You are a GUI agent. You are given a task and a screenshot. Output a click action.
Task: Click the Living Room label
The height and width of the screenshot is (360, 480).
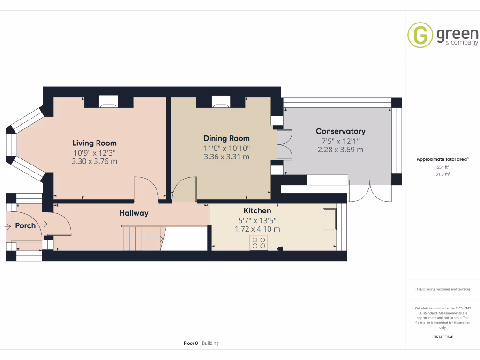(x=94, y=143)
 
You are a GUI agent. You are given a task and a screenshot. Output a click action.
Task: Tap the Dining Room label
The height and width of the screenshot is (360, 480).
(x=226, y=138)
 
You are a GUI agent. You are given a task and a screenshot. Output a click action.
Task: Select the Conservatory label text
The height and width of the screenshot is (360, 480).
(x=340, y=131)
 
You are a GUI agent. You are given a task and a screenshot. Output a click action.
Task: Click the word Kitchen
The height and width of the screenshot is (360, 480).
(x=257, y=210)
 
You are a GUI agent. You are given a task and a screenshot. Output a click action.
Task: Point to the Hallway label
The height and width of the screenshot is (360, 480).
(x=134, y=213)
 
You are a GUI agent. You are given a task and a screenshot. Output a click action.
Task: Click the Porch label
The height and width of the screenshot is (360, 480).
(x=25, y=225)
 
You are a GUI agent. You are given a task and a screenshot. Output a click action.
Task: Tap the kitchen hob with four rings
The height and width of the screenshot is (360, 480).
(x=259, y=242)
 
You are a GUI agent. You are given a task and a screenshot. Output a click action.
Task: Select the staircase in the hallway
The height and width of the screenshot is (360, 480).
(x=142, y=238)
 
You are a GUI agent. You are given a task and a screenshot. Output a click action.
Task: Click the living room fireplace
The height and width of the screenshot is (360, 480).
(x=109, y=101)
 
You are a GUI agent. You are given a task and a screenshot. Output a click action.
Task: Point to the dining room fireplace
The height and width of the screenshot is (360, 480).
(x=221, y=101)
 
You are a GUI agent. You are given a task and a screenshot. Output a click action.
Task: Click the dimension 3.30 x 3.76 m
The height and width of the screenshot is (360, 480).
(x=94, y=161)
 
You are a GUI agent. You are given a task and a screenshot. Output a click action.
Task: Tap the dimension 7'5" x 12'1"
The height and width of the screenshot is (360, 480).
(x=340, y=141)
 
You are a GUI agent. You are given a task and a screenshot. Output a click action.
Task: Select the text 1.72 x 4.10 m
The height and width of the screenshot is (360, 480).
(x=257, y=229)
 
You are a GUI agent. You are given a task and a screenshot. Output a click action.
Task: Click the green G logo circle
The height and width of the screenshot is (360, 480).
(x=420, y=35)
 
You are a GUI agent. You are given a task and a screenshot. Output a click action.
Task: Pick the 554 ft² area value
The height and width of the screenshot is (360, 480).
(x=443, y=167)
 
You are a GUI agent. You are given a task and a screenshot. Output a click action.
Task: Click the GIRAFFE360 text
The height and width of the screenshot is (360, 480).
(x=443, y=337)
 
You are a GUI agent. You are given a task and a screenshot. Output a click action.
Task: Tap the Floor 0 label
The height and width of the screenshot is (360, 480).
(x=191, y=343)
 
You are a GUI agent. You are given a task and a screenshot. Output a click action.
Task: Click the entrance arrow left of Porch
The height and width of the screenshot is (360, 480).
(x=8, y=226)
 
